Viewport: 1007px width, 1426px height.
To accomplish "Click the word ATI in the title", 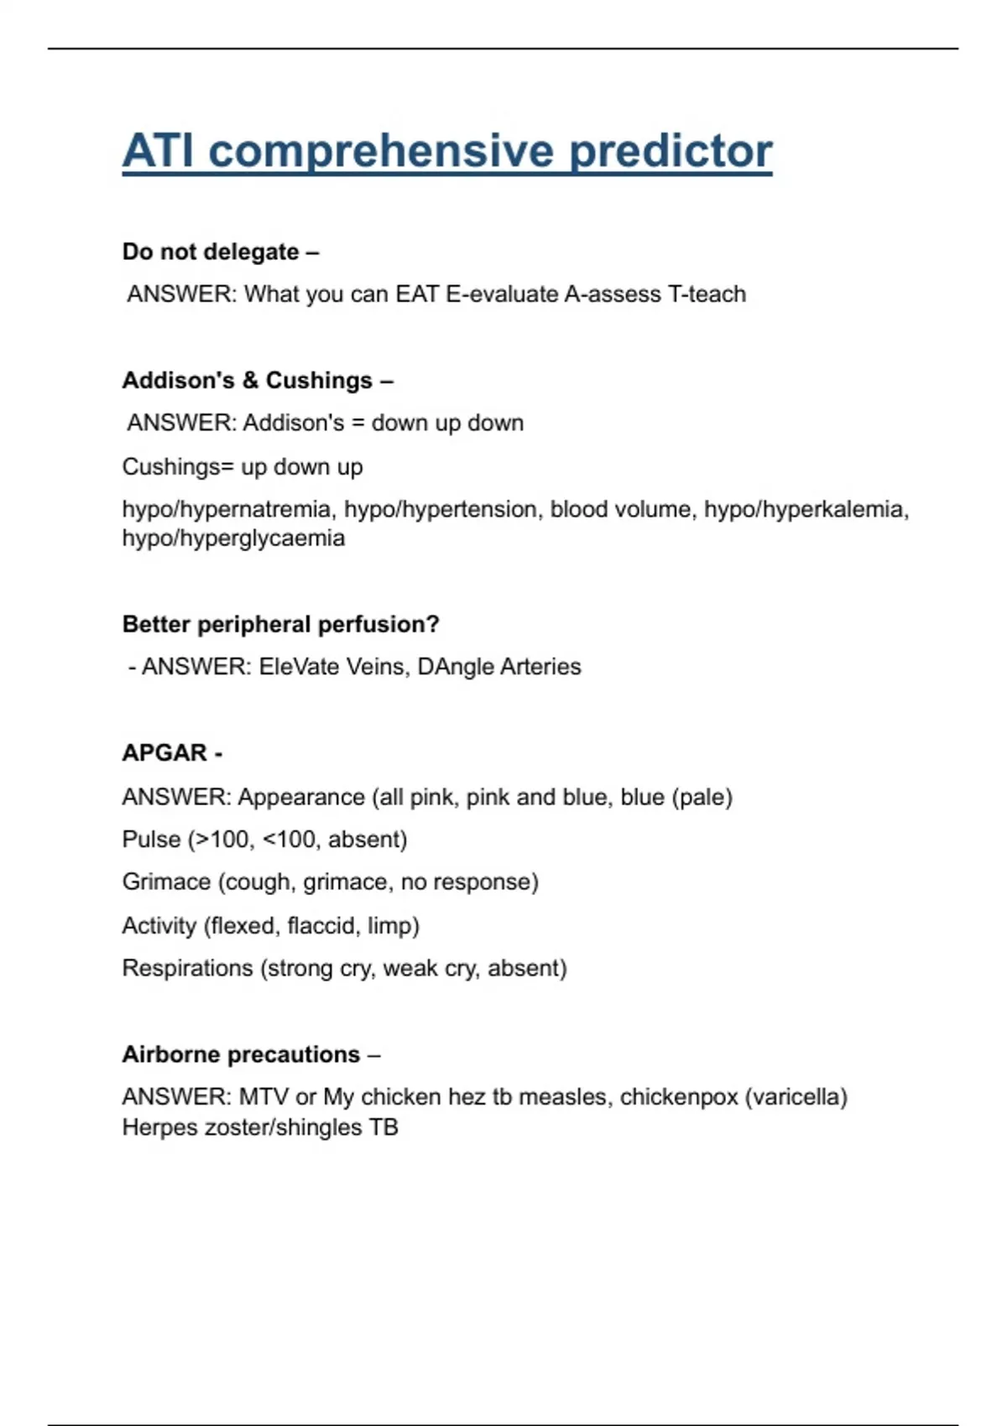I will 159,152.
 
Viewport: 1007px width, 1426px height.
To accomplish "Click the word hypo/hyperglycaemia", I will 233,538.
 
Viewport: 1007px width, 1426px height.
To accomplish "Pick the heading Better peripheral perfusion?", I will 280,624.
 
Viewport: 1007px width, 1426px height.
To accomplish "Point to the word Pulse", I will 151,840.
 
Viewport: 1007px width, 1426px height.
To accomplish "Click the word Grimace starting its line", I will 166,882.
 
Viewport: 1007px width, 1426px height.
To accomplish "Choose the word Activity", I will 159,926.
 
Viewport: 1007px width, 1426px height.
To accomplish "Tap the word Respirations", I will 187,969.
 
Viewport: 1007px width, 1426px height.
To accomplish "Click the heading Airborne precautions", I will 241,1054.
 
